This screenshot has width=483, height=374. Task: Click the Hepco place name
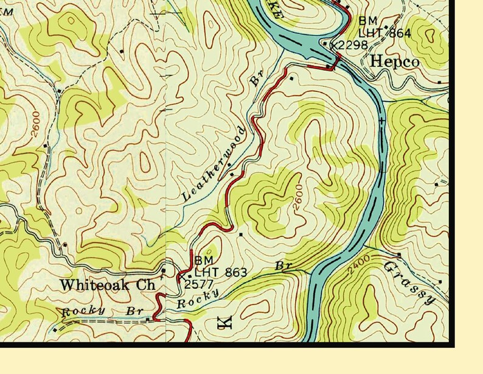[394, 62]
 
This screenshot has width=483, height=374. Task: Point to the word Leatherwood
[214, 164]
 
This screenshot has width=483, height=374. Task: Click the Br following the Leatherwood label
[256, 80]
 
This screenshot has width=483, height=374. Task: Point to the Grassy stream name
[409, 282]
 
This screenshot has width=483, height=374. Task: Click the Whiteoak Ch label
[108, 284]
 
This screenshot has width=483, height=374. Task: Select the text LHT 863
[220, 272]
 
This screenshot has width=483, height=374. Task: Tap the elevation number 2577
[198, 284]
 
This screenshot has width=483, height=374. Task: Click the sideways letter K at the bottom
[223, 322]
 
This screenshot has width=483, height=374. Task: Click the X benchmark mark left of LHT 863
[181, 277]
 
